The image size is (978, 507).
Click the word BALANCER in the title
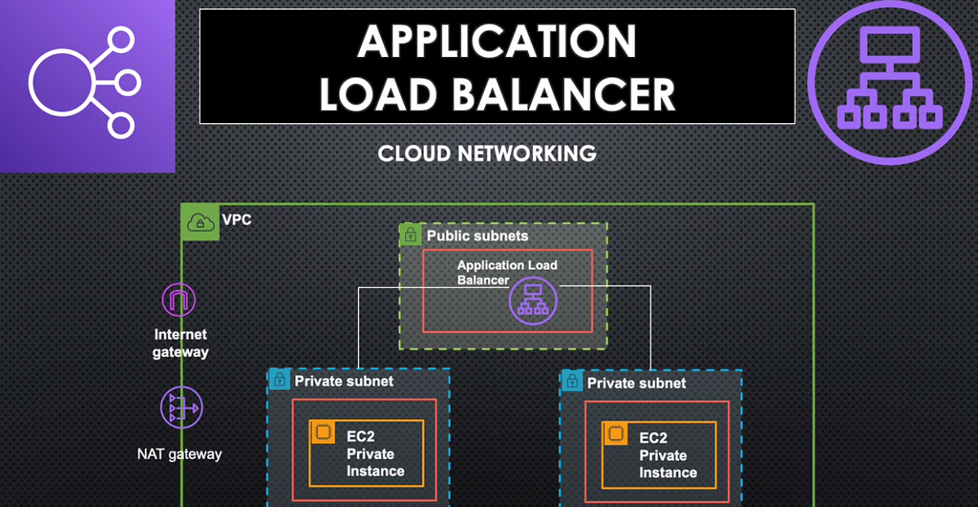[x=563, y=94]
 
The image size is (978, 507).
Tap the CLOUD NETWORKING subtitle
[x=487, y=153]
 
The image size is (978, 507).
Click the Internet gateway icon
[x=179, y=300]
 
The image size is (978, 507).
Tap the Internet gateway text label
[x=180, y=343]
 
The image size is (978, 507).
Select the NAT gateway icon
[x=180, y=408]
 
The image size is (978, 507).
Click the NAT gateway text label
[x=178, y=454]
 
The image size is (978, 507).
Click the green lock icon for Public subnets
[x=410, y=236]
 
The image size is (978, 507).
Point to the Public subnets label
[x=477, y=236]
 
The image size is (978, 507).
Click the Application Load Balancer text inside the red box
[x=507, y=272]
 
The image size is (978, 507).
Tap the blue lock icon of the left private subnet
[x=279, y=380]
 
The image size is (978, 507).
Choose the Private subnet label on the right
[x=637, y=383]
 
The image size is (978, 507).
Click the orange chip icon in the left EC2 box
[x=323, y=432]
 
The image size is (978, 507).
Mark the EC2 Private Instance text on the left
[x=375, y=454]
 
